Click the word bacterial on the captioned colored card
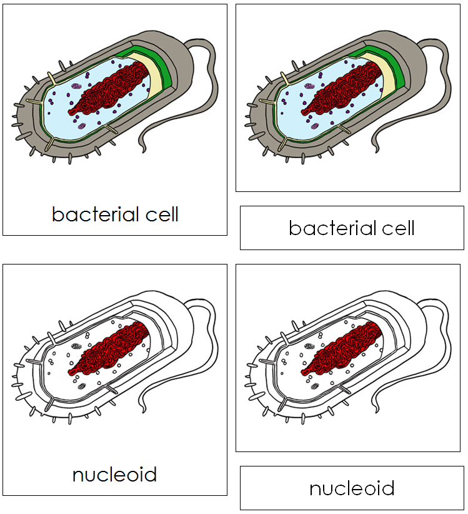tap(93, 214)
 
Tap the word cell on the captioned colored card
tap(159, 214)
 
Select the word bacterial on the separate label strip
tap(330, 228)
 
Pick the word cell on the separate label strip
tap(396, 228)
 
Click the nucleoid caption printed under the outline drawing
tap(114, 475)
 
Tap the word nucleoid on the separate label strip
tap(352, 488)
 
